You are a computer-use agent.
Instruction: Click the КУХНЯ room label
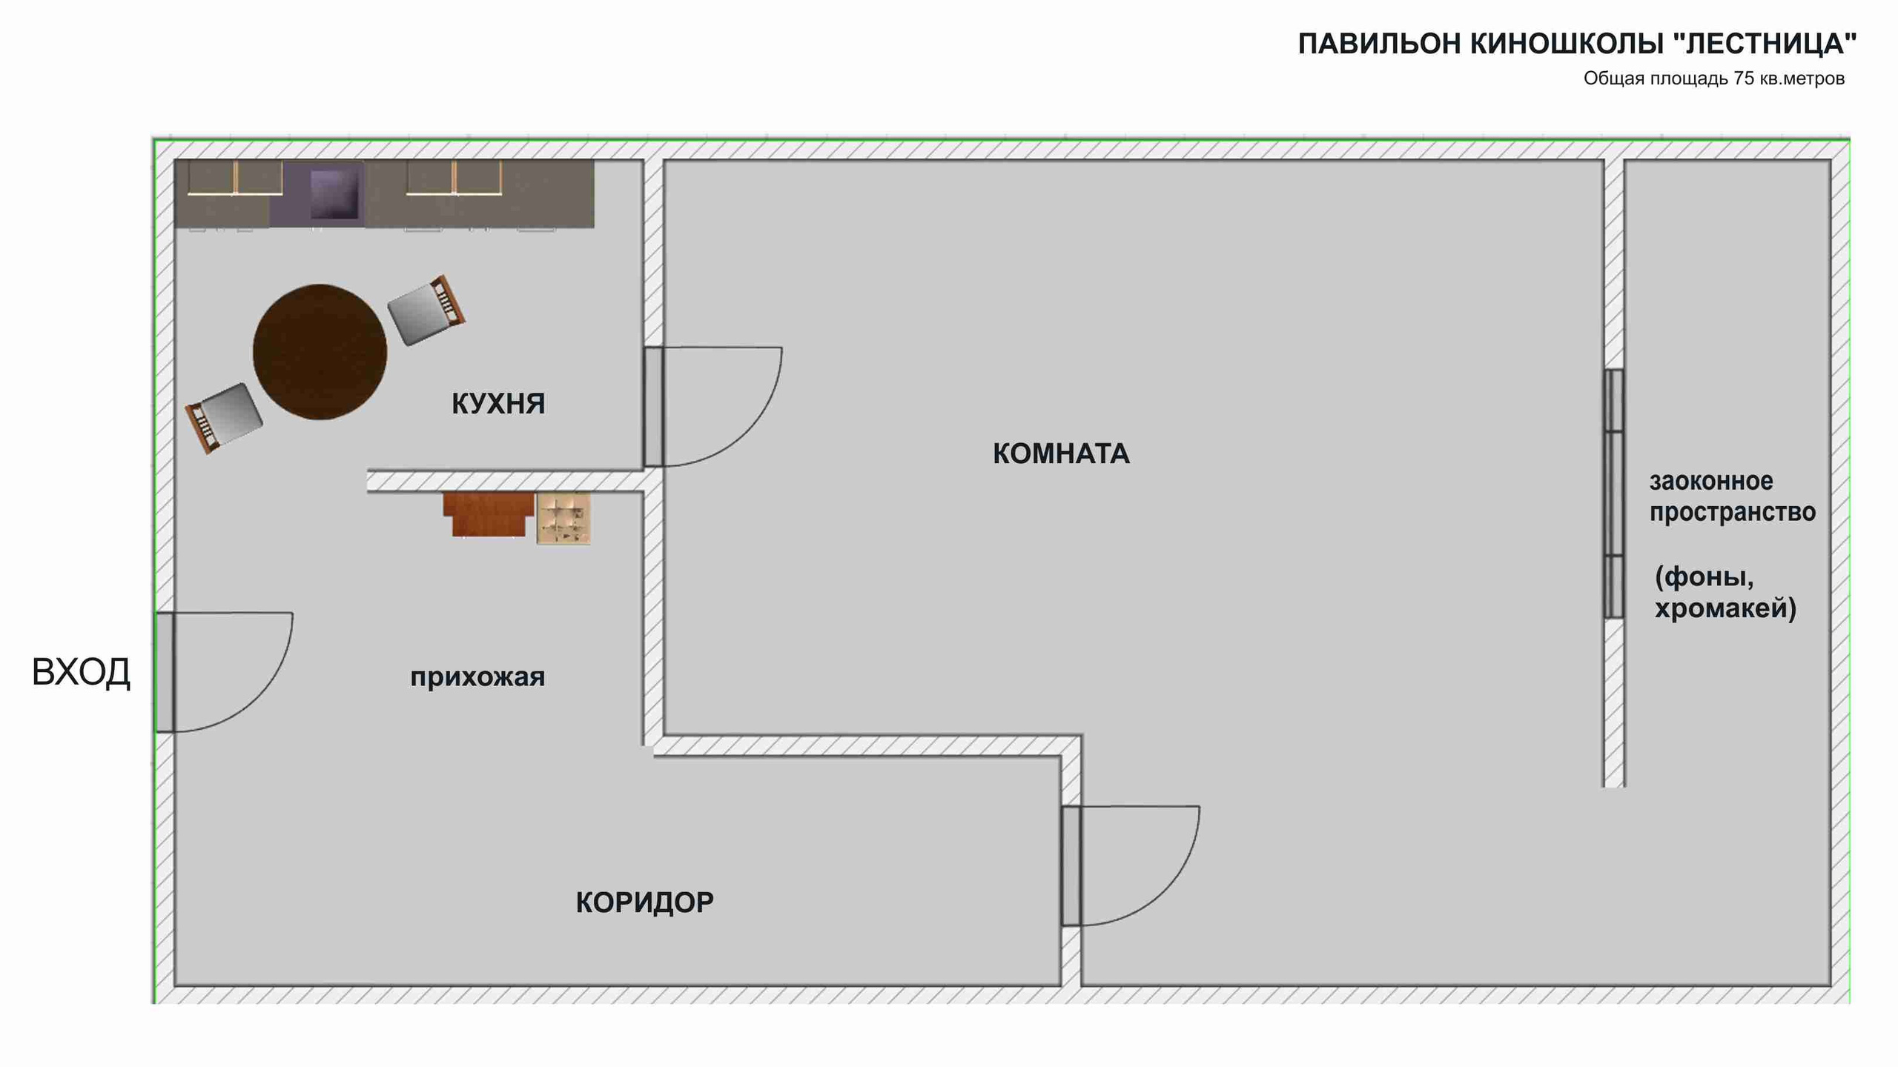tap(498, 404)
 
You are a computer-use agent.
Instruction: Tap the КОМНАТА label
tap(1061, 453)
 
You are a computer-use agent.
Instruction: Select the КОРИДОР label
tap(644, 903)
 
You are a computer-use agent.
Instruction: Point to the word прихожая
tap(477, 677)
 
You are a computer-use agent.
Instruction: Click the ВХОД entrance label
tap(81, 672)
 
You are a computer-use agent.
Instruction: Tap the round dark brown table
tap(320, 352)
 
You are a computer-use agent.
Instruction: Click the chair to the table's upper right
tap(427, 310)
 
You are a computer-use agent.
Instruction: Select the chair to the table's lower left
tap(223, 417)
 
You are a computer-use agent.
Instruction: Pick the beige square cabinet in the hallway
tap(563, 519)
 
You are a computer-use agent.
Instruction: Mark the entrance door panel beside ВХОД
tap(165, 672)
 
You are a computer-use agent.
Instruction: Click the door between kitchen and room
tap(652, 407)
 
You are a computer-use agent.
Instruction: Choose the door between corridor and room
tap(1071, 865)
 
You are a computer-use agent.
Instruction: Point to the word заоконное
tap(1711, 482)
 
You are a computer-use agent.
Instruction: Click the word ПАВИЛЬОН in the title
tap(1380, 44)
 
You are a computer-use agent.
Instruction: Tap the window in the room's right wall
tap(1613, 493)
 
